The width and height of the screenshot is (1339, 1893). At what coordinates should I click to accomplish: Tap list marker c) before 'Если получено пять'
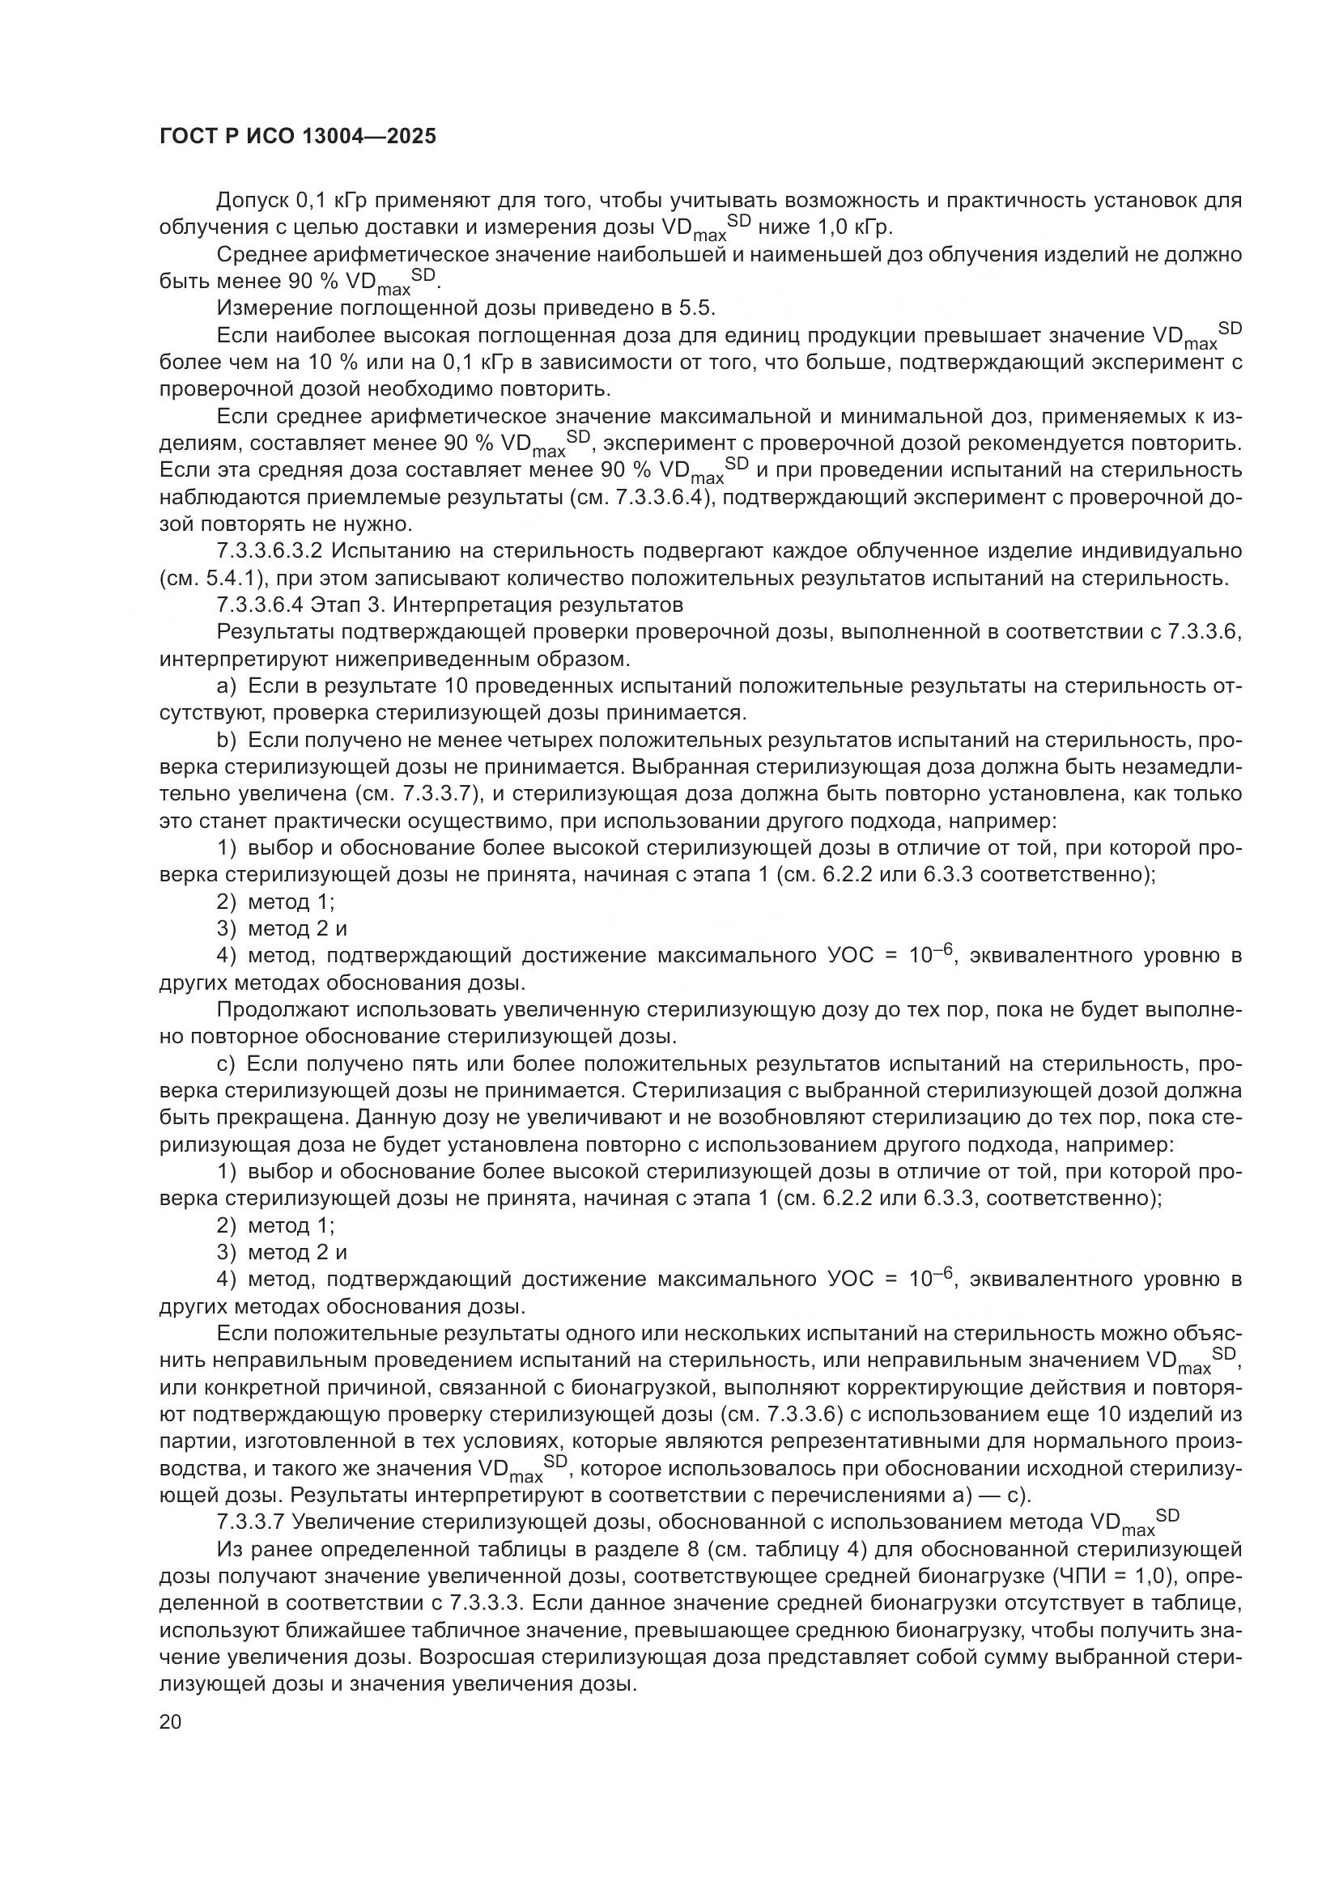[x=225, y=1064]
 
